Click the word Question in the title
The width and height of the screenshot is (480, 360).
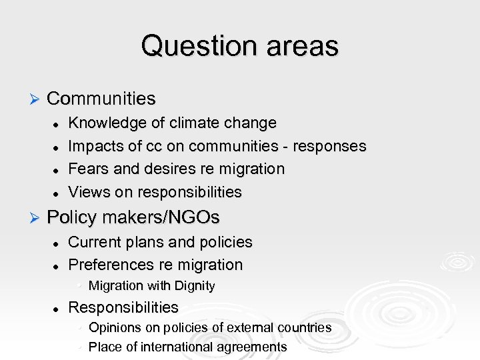click(x=192, y=46)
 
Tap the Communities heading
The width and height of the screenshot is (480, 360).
click(x=101, y=99)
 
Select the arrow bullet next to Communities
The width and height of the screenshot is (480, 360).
click(x=36, y=99)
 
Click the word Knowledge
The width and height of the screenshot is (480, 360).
click(x=104, y=123)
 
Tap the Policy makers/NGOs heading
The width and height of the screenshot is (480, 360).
click(x=133, y=217)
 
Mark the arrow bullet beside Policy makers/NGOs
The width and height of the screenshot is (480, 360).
click(x=36, y=218)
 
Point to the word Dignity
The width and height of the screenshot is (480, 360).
click(x=193, y=286)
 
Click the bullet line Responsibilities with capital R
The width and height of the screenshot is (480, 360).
click(x=123, y=307)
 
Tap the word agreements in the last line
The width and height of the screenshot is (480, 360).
click(x=251, y=347)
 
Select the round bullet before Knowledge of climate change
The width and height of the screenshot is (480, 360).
click(x=58, y=124)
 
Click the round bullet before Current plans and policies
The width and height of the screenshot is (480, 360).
click(x=58, y=243)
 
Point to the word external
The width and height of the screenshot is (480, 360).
click(x=254, y=328)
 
